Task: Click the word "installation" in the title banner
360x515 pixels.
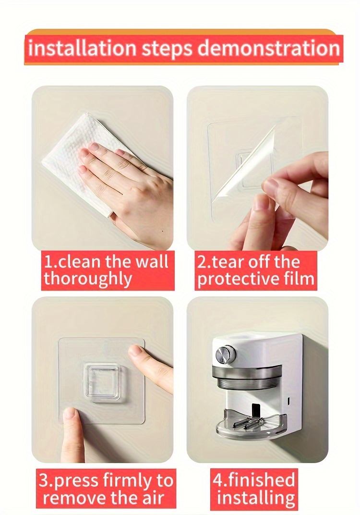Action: point(82,48)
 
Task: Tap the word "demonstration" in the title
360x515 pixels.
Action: point(268,48)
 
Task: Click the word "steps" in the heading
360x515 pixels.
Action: point(167,49)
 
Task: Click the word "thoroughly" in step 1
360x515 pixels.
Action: point(88,279)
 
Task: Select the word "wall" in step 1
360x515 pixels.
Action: point(152,262)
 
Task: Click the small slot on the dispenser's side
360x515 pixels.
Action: point(288,401)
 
